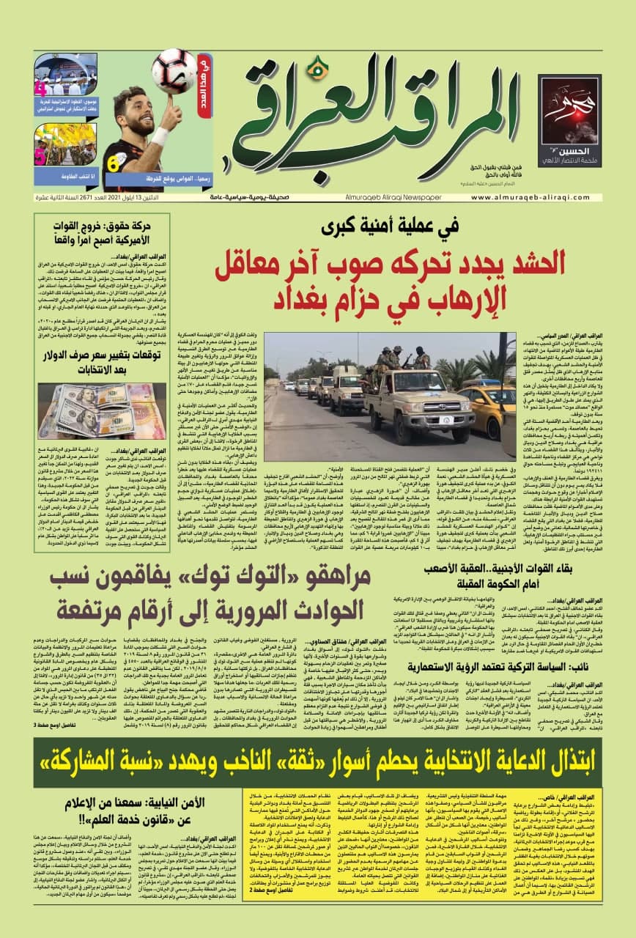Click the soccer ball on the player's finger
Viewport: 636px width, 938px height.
(174, 70)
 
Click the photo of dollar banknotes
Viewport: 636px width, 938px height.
(86, 410)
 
